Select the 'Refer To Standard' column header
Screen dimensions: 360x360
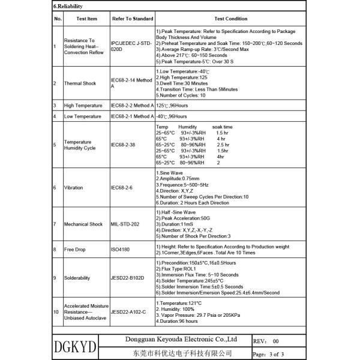[x=133, y=19]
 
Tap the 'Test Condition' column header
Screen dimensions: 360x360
[x=230, y=19]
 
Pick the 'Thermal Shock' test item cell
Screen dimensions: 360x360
[x=80, y=83]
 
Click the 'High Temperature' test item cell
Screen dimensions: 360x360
[x=82, y=106]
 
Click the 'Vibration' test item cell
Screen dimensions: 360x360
[x=74, y=188]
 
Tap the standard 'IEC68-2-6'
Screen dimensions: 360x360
[x=122, y=188]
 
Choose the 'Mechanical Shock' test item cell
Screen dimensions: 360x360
[x=84, y=224]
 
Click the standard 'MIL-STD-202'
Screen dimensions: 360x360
[x=125, y=224]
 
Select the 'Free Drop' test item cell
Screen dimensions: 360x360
[x=76, y=249]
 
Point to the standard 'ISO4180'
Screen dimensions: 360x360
[x=121, y=249]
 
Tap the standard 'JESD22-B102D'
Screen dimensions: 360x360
[x=128, y=278]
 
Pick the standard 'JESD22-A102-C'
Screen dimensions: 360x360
[x=129, y=313]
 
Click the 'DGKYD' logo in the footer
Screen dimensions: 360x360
[x=76, y=347]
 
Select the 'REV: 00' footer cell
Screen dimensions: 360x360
[x=266, y=340]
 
